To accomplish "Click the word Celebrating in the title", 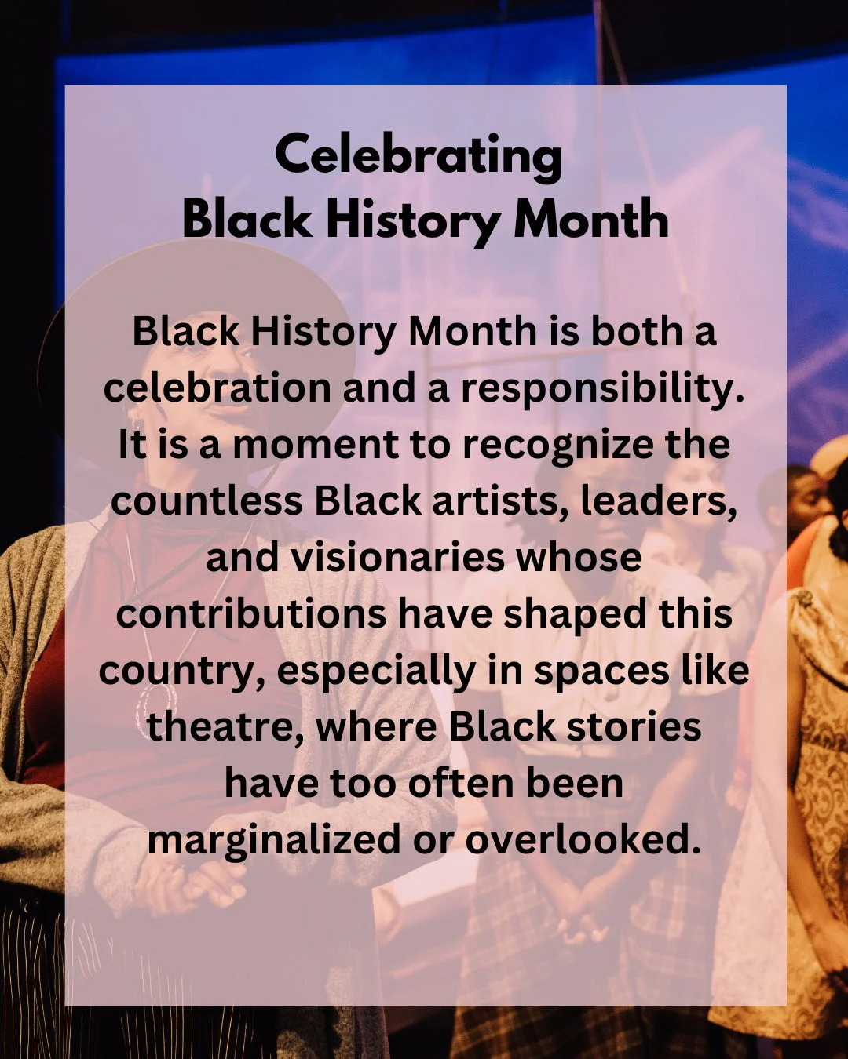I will (x=419, y=155).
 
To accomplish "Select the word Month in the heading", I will (x=590, y=219).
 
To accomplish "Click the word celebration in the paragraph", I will (x=217, y=388).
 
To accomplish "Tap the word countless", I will (x=207, y=501).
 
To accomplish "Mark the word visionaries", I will (x=398, y=558).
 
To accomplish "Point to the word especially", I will (x=376, y=671).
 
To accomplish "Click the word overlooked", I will (x=583, y=840).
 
